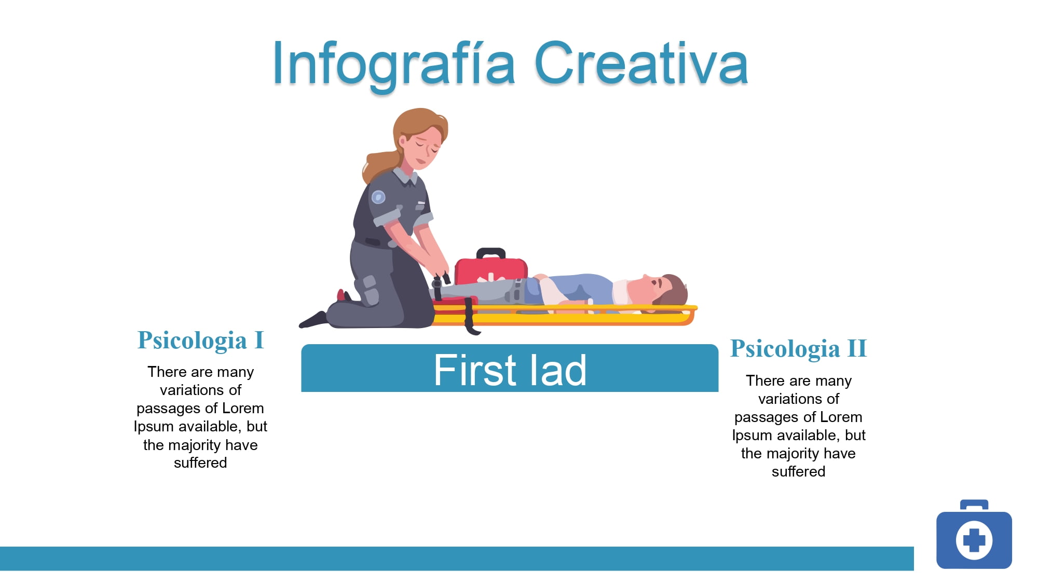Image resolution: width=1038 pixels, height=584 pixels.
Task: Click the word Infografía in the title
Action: (394, 64)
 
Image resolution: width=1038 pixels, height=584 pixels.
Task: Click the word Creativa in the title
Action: (641, 63)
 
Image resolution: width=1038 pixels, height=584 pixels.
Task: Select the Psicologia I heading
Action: (201, 341)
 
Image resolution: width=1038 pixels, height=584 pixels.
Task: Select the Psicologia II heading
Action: (798, 349)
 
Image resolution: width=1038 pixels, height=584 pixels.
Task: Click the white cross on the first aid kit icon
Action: (974, 540)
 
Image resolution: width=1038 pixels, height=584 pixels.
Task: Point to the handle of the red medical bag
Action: (491, 253)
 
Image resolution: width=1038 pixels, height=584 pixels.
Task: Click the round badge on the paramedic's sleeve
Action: (378, 197)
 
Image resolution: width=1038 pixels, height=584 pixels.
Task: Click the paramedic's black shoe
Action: (313, 320)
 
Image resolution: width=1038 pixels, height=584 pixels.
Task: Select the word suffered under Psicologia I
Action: (200, 463)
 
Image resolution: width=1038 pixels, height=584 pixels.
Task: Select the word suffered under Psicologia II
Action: (798, 471)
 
